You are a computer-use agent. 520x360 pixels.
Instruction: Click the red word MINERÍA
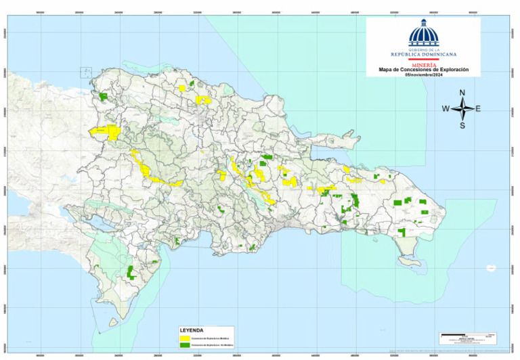tap(424, 64)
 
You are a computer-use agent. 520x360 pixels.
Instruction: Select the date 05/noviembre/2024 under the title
tap(423, 75)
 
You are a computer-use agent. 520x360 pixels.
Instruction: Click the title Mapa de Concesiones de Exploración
tap(423, 70)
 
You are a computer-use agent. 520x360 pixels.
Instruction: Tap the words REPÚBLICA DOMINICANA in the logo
tap(424, 54)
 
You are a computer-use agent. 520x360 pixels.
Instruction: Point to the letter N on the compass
tap(462, 93)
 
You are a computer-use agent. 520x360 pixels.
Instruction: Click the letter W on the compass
tap(446, 108)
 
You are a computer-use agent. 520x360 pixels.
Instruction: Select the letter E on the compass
tap(478, 108)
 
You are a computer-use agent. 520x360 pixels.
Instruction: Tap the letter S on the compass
tap(462, 125)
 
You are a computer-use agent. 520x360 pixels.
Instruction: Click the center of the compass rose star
tap(462, 108)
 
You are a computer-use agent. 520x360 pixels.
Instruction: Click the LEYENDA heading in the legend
tap(190, 330)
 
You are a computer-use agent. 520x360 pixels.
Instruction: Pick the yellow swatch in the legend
tap(184, 338)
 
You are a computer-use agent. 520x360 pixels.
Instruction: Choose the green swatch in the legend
tap(184, 346)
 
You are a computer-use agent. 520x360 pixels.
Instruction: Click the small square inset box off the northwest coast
tap(86, 72)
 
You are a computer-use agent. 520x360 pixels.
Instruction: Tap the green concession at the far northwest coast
tap(104, 97)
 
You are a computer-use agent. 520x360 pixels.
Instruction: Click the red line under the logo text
tap(424, 60)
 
